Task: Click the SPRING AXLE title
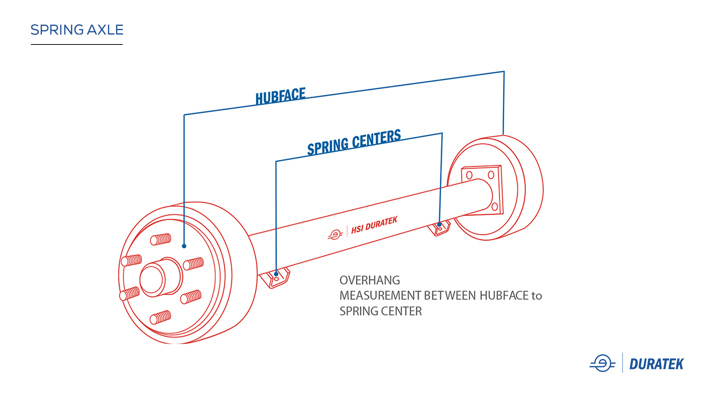coord(77,30)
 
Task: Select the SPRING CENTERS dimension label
coord(354,142)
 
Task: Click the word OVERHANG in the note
coord(370,280)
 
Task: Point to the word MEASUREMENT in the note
coord(380,296)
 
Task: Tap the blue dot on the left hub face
coord(184,246)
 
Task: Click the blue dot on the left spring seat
coord(276,274)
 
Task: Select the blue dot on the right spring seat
coord(439,224)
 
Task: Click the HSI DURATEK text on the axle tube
coord(374,225)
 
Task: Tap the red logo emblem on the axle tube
coord(335,235)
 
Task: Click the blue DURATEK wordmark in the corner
coord(656,364)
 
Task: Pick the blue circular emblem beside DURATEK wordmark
coord(602,364)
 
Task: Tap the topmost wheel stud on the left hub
coord(161,240)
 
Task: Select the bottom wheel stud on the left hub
coord(161,317)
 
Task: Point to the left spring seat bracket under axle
coord(275,279)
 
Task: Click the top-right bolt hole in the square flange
coord(491,175)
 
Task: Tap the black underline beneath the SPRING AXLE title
coord(77,44)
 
